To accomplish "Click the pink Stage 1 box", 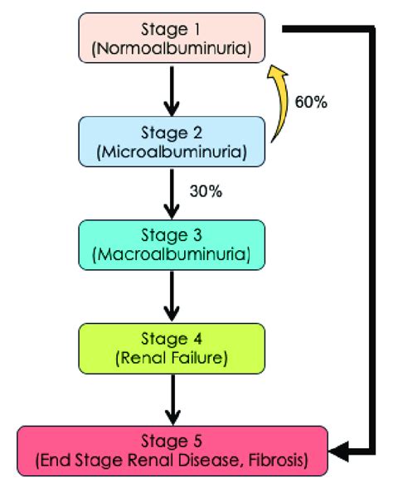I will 172,37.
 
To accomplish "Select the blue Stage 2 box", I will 172,142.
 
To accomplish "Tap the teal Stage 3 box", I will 172,244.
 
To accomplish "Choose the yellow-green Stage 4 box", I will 172,348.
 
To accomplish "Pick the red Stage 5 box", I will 172,451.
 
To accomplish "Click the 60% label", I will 312,103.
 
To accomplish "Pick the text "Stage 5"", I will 172,441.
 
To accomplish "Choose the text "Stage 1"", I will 172,29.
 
